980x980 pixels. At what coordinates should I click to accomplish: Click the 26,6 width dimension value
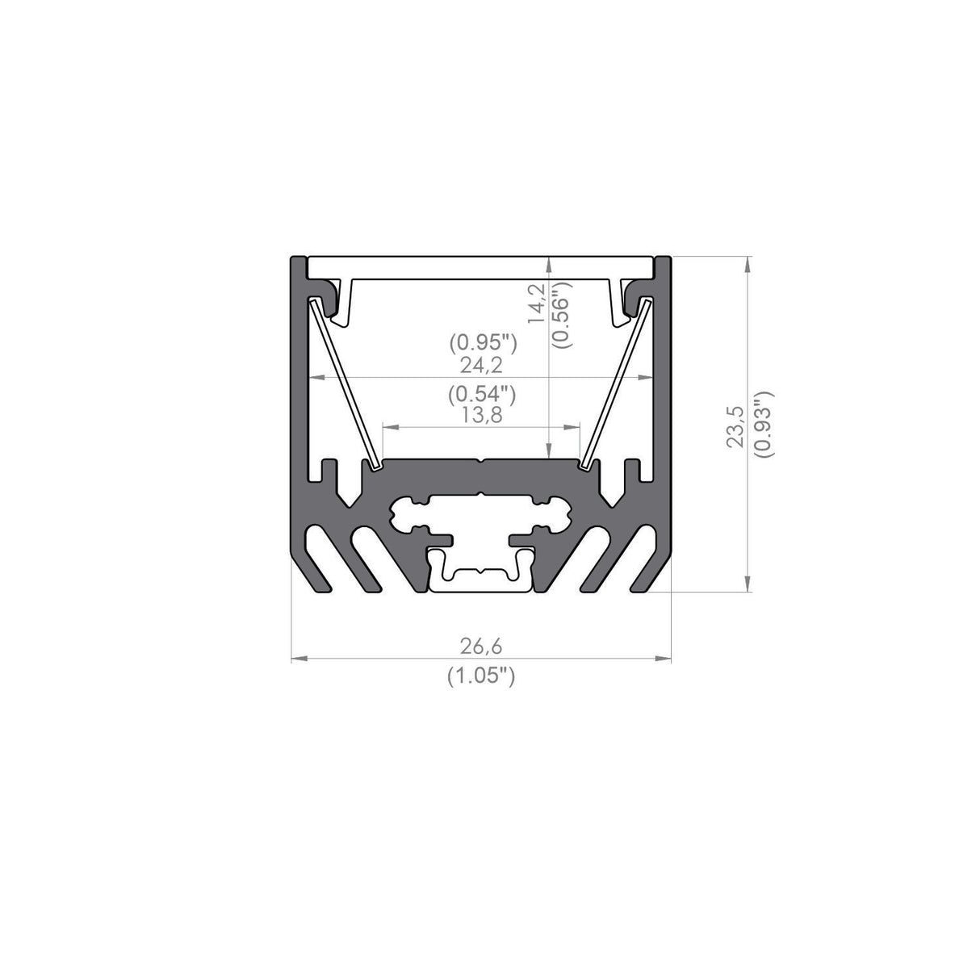click(x=481, y=646)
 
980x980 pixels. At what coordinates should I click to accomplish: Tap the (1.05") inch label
click(x=481, y=676)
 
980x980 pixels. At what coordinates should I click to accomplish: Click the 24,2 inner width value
click(x=481, y=365)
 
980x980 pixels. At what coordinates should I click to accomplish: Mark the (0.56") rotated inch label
click(x=563, y=315)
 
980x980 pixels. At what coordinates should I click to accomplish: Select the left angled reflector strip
click(x=342, y=383)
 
